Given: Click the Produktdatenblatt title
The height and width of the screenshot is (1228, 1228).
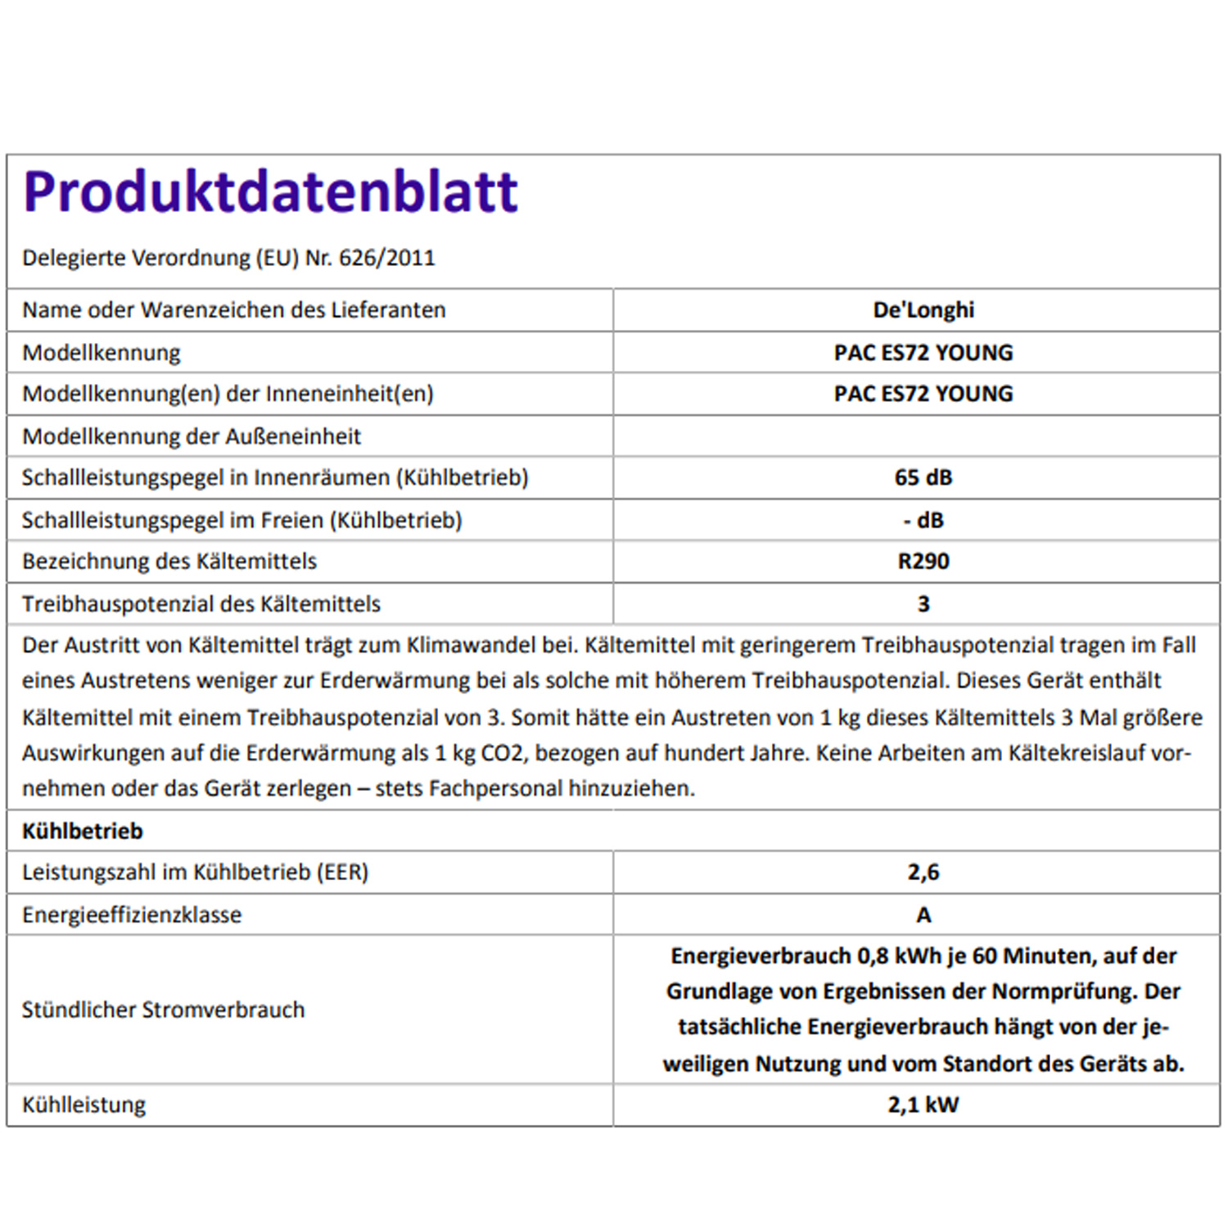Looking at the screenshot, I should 270,192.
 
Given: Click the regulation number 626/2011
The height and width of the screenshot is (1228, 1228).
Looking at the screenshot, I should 386,258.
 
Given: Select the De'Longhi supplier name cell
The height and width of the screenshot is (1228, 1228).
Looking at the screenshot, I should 923,310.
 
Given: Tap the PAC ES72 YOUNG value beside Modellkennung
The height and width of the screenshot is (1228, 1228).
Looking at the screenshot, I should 923,353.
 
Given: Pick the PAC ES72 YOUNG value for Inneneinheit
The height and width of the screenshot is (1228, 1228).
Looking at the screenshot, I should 923,394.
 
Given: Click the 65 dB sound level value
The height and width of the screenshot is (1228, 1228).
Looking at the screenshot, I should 923,477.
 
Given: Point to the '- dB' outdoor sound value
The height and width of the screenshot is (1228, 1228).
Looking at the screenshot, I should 923,521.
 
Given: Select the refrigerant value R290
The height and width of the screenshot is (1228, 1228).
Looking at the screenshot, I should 923,562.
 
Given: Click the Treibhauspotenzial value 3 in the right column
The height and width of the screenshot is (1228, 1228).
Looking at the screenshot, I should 923,604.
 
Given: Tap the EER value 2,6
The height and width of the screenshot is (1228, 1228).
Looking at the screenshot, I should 923,872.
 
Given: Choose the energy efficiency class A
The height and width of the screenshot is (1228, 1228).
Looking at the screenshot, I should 923,915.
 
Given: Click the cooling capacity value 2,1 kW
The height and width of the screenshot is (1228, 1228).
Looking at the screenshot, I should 923,1105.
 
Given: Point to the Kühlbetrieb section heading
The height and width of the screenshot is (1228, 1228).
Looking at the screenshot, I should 83,831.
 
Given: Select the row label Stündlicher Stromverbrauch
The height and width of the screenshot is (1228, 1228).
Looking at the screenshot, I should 163,1009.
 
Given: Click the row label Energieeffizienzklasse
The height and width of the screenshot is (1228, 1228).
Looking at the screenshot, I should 132,915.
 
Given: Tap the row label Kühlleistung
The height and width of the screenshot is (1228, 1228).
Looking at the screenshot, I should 84,1105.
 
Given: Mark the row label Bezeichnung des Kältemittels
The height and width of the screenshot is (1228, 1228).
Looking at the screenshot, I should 169,562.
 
